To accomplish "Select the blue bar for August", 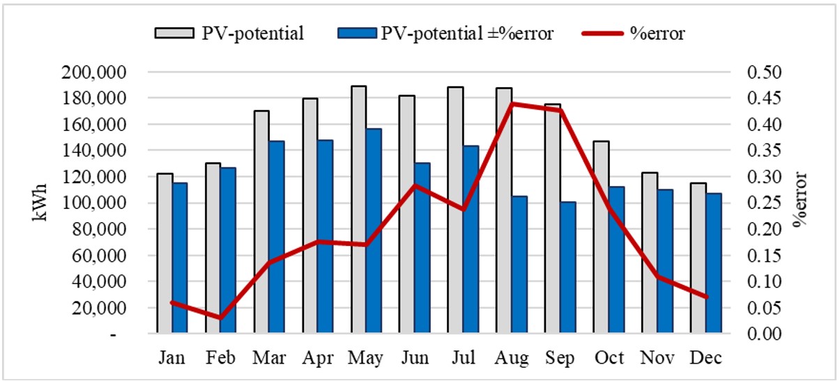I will [519, 265].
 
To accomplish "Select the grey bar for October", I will [601, 237].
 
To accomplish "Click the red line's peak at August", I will [512, 104].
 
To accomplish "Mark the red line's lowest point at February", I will [220, 318].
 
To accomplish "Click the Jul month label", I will [464, 358].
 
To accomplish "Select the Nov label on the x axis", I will [657, 358].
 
